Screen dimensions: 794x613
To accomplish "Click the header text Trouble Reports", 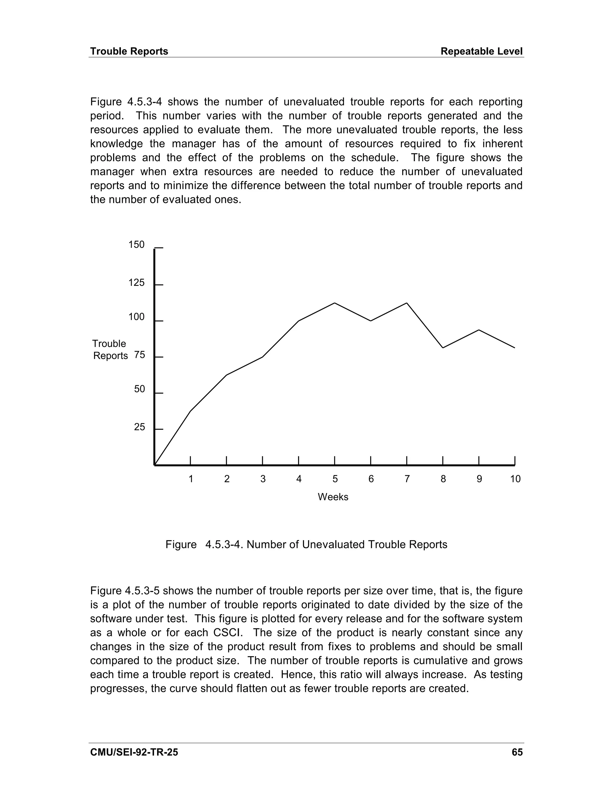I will (x=129, y=51).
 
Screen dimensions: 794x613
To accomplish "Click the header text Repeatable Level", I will (x=482, y=51).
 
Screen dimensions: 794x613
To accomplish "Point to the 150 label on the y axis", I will (x=136, y=245).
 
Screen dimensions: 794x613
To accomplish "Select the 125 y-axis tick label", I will (x=136, y=283).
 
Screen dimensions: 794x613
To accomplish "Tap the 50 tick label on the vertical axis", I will (x=139, y=389).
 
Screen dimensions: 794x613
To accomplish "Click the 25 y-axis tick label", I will (x=139, y=427).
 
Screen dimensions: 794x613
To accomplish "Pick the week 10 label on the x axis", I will (x=515, y=479).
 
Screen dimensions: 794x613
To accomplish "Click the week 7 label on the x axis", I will (x=407, y=479).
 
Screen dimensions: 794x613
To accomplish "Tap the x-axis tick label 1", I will (x=191, y=479).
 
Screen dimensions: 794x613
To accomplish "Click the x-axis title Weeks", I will (x=333, y=497).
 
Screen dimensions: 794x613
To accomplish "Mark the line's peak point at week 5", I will (x=334, y=303).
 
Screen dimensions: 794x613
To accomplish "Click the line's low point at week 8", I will (x=443, y=348).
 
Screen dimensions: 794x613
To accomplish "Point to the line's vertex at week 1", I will (x=191, y=411).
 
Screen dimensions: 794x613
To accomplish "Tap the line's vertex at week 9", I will (x=479, y=330).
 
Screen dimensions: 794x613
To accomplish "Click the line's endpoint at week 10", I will (x=515, y=348).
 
